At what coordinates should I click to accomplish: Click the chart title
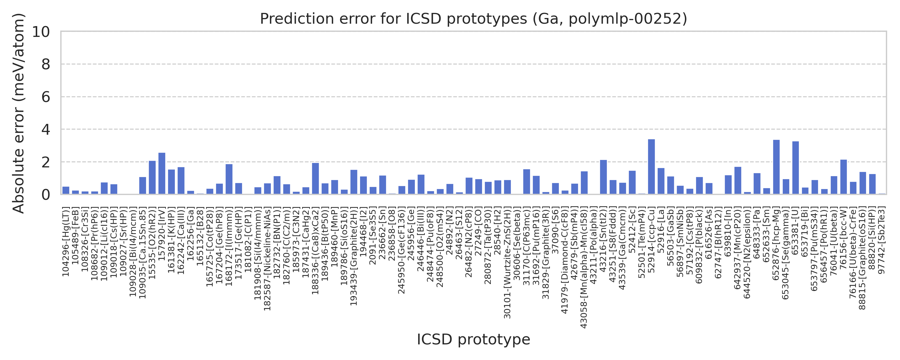pos(473,19)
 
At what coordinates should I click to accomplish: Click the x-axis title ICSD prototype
pos(473,339)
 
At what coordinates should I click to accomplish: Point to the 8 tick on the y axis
pos(45,64)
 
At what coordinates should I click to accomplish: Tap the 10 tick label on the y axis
pos(41,32)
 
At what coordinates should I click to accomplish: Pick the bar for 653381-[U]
pos(796,168)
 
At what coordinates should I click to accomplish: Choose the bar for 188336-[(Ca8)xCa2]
pos(315,178)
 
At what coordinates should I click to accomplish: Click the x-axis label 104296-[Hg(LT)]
pos(66,241)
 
